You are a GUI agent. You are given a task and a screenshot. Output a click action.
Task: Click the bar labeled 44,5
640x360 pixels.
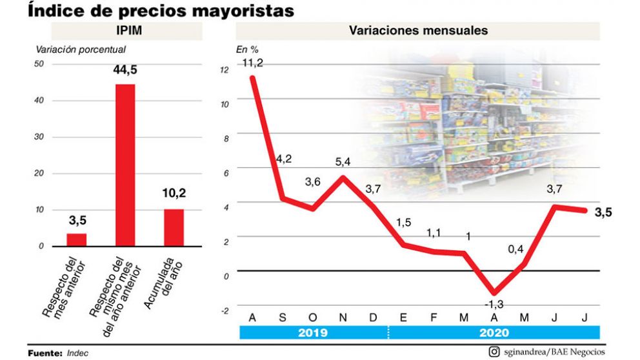coord(125,165)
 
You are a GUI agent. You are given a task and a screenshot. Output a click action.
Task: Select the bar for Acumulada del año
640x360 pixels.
coord(174,227)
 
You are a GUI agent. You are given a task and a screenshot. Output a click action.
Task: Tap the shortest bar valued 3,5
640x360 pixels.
coord(77,239)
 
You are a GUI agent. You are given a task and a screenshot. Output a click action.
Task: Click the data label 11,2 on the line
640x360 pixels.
coord(253,63)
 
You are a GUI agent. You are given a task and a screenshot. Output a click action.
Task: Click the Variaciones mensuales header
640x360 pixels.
coord(418,31)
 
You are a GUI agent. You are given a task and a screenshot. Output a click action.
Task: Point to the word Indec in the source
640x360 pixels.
coord(77,353)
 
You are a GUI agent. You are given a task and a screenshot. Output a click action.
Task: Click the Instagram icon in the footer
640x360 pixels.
coord(494,352)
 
